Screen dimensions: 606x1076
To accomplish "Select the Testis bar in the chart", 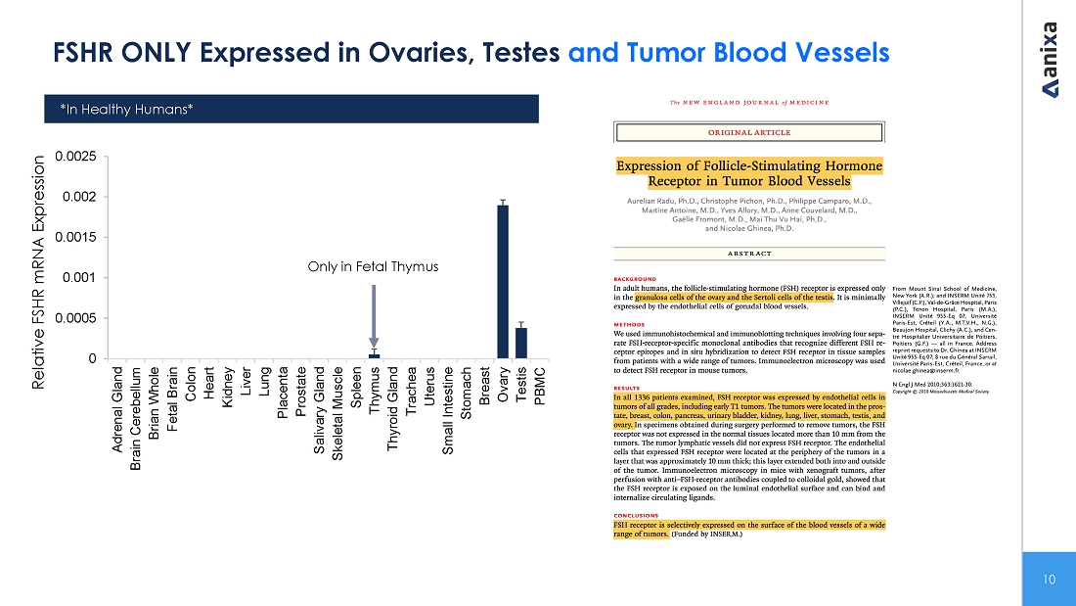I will coord(521,343).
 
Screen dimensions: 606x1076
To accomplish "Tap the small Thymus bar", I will coord(374,355).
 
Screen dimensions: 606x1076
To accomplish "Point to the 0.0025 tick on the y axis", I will coord(75,157).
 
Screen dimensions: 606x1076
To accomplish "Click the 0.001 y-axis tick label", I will coord(79,278).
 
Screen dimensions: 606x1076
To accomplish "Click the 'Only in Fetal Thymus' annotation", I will coord(373,266).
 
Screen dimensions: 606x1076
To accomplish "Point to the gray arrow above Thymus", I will coord(374,313).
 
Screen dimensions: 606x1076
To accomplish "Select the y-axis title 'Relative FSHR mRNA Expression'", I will coord(41,272).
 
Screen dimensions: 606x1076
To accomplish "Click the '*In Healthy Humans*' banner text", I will coord(126,109).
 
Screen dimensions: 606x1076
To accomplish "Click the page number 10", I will coord(1049,580).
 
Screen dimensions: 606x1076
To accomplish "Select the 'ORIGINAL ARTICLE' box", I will coord(749,132).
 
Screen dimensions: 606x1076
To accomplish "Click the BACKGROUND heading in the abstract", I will coord(635,278).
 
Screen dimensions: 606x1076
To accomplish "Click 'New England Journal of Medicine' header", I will coord(748,102).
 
